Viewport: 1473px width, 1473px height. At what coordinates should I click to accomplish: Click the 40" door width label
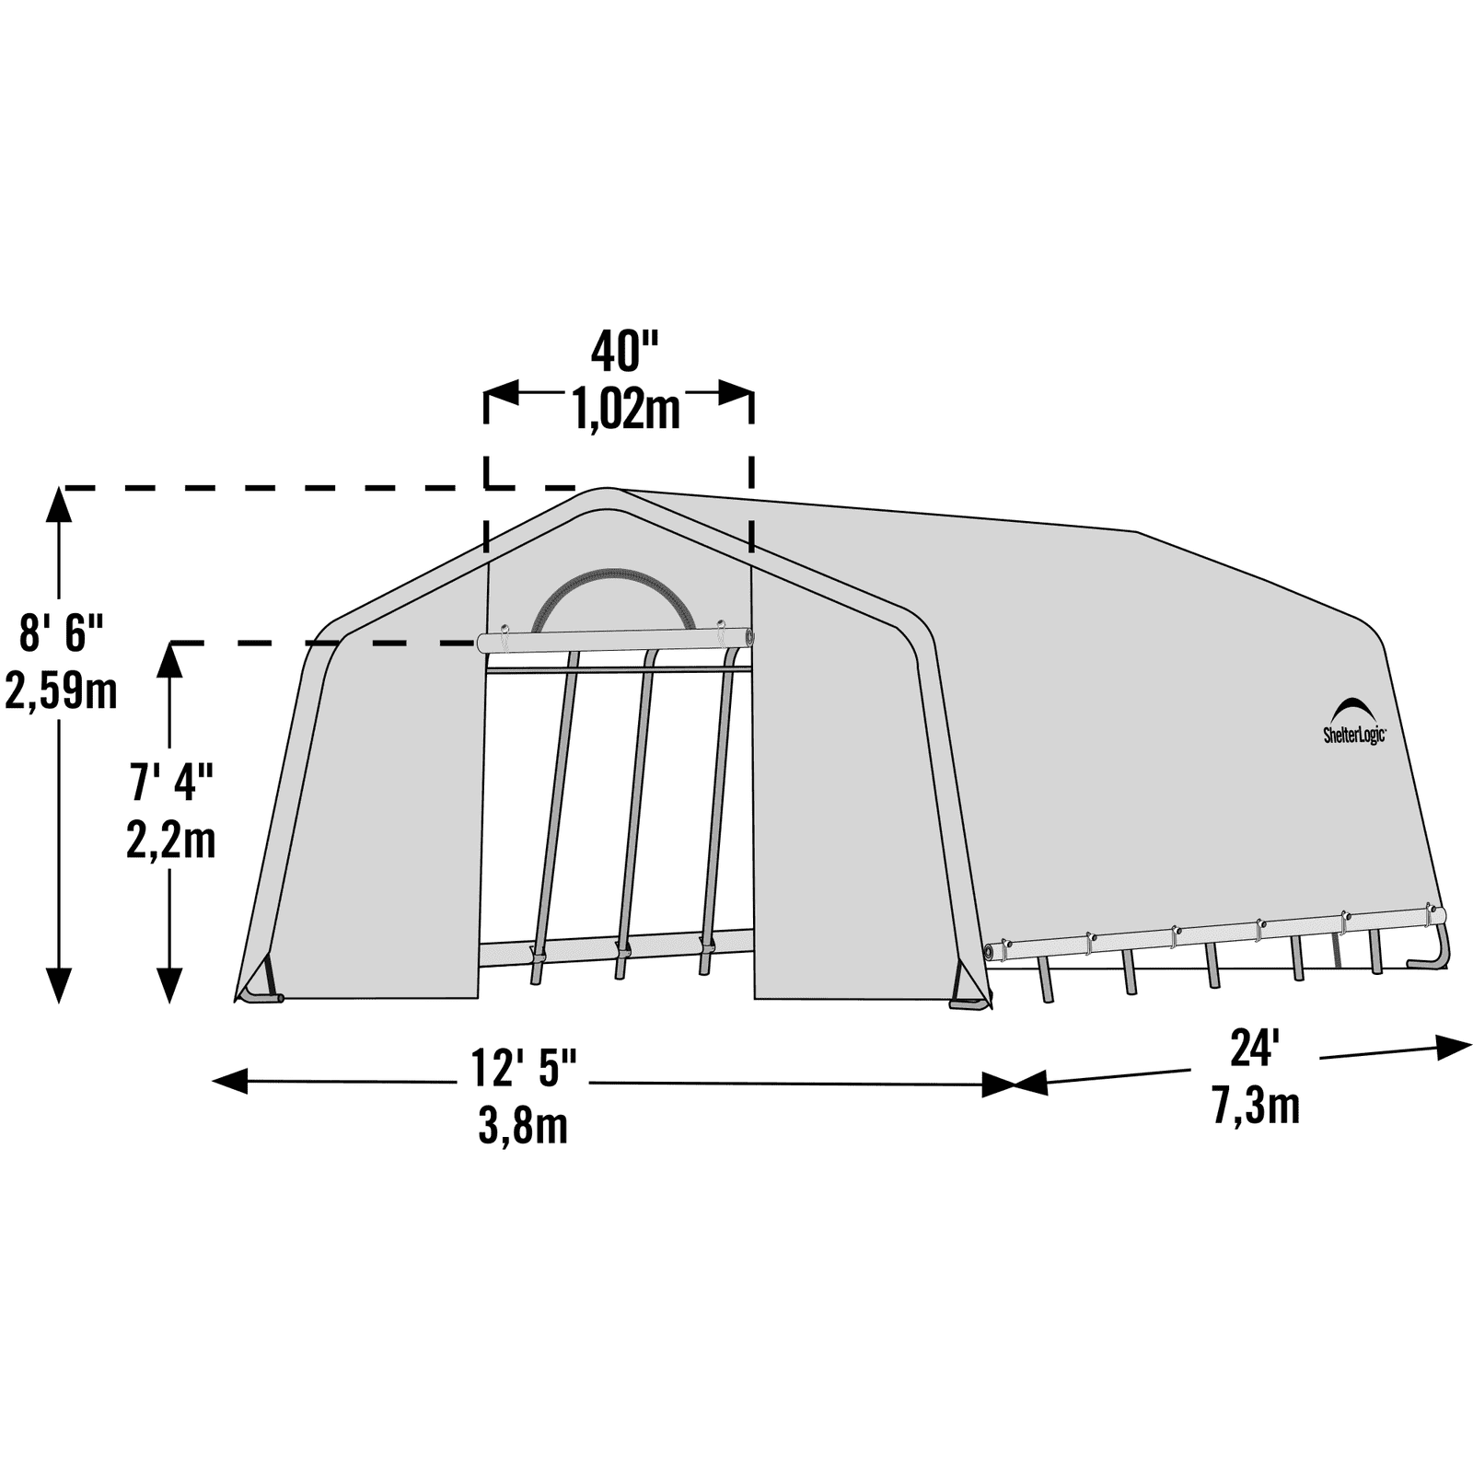point(625,351)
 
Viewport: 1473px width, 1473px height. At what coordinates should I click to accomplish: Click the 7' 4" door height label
point(171,783)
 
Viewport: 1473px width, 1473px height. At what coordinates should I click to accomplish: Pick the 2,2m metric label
point(171,840)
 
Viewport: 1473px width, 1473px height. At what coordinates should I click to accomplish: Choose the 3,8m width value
point(523,1124)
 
